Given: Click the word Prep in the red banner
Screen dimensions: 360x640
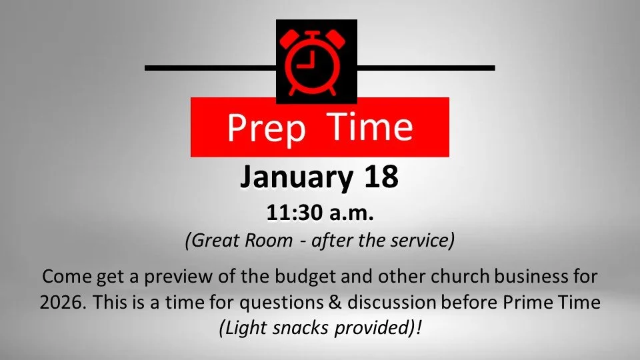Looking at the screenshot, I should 265,127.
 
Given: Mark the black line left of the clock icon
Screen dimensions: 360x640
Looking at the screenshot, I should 210,68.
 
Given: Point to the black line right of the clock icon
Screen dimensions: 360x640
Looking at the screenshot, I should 426,68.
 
